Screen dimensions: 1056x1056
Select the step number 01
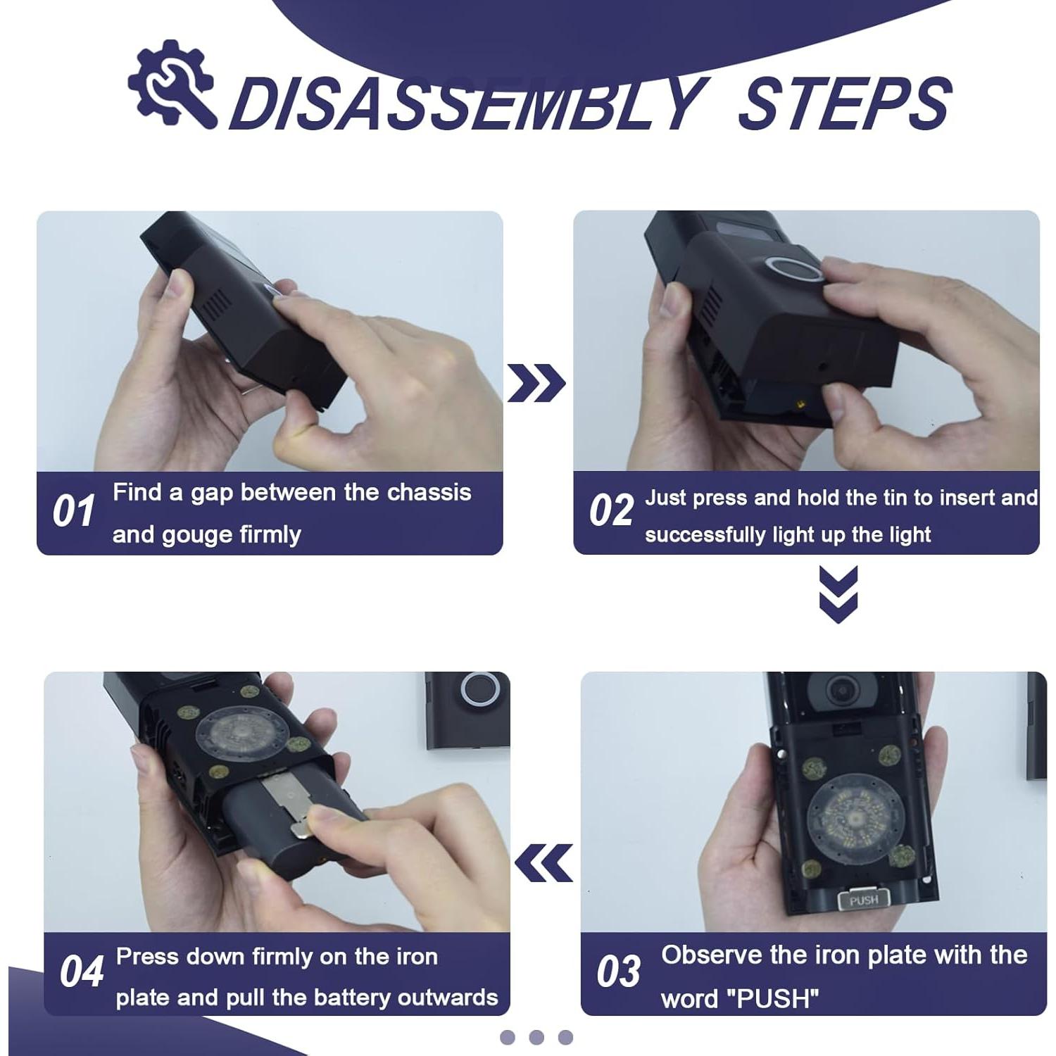pos(74,511)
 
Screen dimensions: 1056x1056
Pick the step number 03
pos(618,972)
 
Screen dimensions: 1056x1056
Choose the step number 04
pos(82,972)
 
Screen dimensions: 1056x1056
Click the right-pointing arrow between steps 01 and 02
pos(536,384)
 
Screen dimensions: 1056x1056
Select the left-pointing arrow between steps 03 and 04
pos(543,863)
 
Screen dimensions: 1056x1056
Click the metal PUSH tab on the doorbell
pos(864,900)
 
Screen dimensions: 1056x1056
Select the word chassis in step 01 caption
pos(429,492)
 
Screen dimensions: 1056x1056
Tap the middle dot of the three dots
pos(536,1037)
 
